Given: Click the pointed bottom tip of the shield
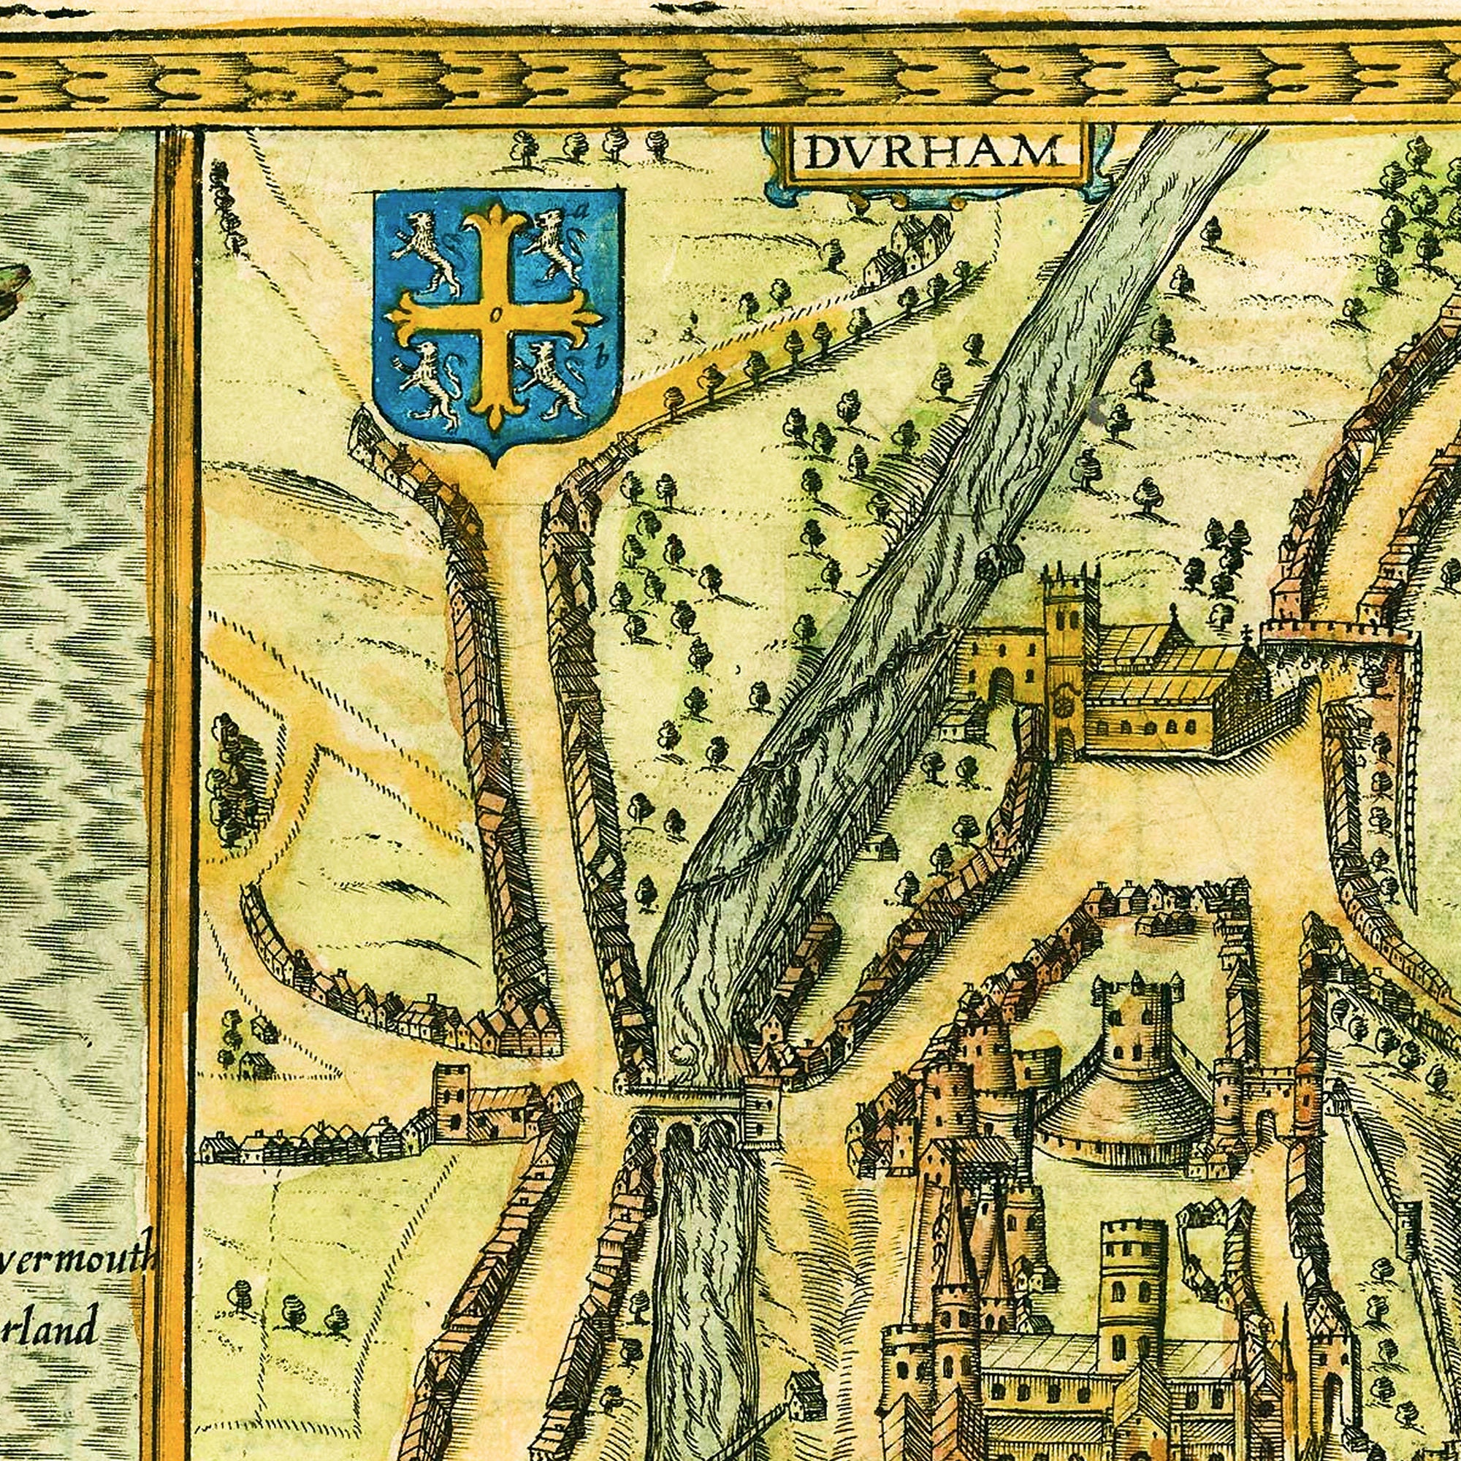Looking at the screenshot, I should point(495,460).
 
